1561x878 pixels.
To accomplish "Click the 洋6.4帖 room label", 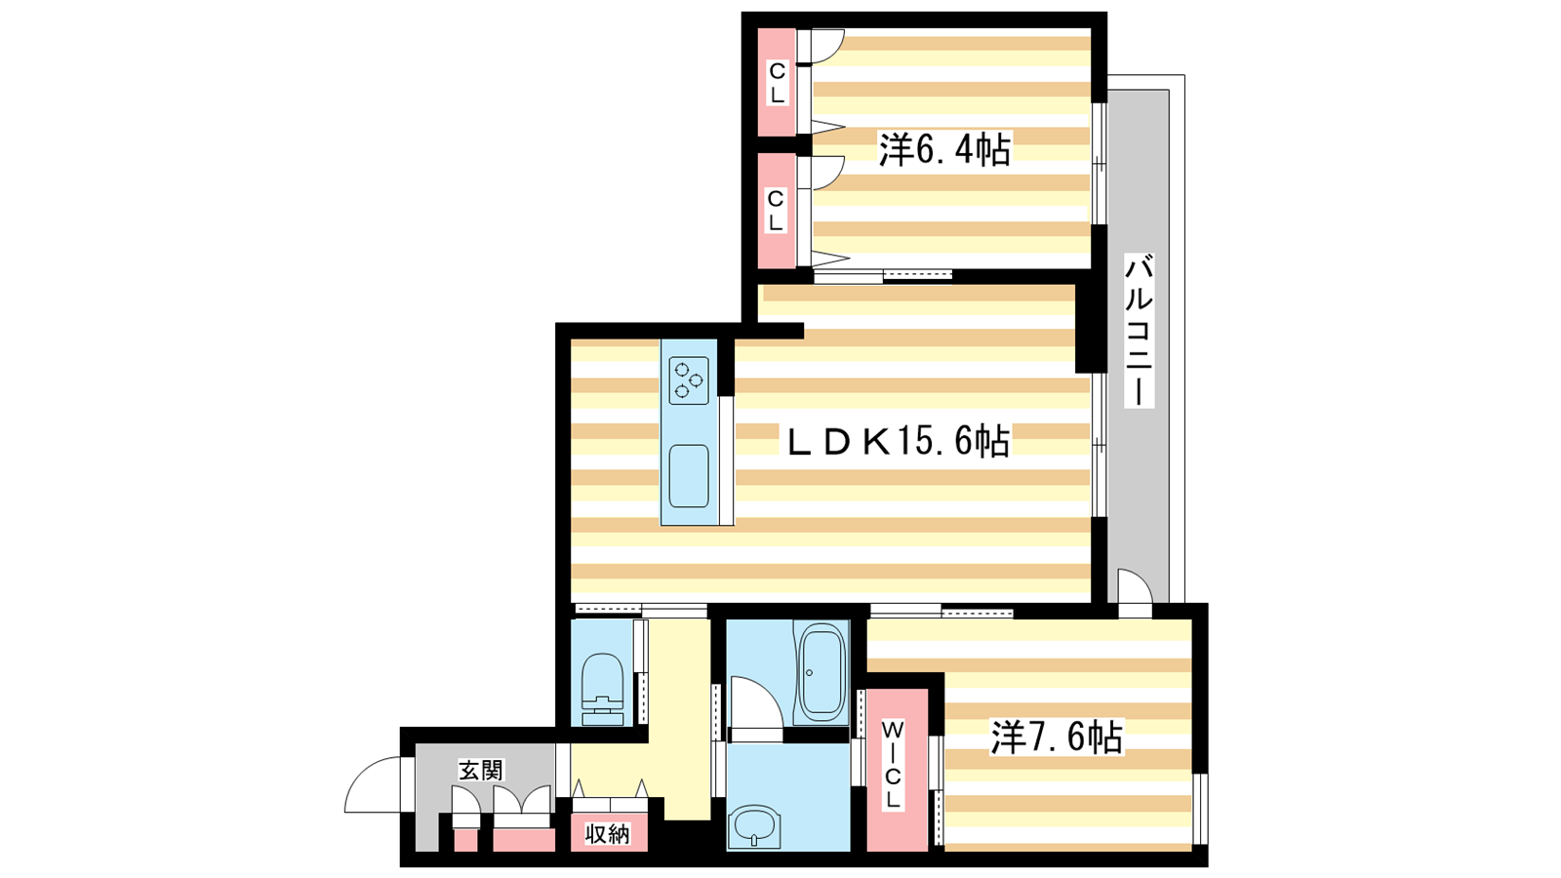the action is tap(944, 149).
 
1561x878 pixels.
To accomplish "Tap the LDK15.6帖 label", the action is tap(899, 441).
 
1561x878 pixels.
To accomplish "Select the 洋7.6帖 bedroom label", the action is tap(1057, 737).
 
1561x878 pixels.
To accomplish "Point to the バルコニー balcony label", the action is tap(1139, 331).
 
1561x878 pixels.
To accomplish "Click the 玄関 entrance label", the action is tap(481, 770).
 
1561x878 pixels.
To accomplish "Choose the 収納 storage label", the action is tap(607, 833).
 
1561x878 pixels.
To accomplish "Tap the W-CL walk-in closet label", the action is tap(894, 765).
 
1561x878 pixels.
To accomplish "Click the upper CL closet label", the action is tap(777, 82).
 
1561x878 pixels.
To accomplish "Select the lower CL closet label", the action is tap(776, 211).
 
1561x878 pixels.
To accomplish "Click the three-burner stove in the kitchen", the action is tap(689, 380).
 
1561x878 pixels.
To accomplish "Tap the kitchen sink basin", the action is tap(689, 476).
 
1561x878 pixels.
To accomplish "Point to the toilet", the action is tap(602, 690).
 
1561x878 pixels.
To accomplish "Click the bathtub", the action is tap(822, 672).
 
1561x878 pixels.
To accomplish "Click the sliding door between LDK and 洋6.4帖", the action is tap(883, 276).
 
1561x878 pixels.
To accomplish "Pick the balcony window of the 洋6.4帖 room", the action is tap(1099, 164).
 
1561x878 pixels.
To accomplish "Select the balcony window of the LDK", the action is tap(1099, 445).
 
